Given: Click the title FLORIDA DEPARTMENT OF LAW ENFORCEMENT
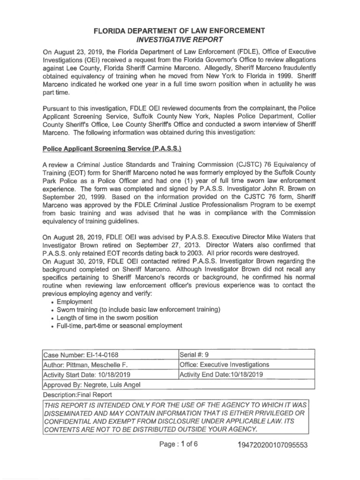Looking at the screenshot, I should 180,30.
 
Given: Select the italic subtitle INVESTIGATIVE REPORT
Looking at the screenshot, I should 180,39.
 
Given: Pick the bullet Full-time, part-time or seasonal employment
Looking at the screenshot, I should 119,326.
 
